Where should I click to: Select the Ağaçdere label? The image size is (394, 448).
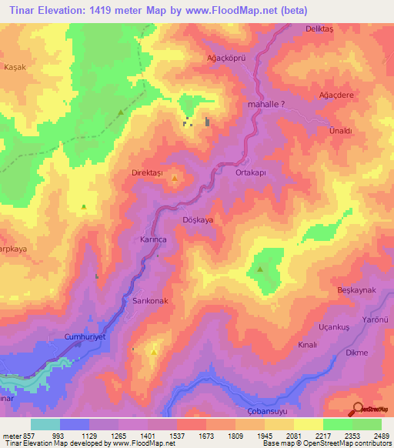coord(336,95)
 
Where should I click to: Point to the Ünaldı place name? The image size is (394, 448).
coord(340,131)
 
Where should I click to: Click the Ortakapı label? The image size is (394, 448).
coord(250,173)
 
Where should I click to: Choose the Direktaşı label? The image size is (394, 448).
coord(149,175)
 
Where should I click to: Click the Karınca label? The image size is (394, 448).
coord(154,239)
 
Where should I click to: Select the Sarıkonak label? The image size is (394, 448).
coord(150,302)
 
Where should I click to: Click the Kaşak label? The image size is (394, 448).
coord(15,67)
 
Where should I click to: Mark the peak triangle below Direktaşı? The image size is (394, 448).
coord(175,181)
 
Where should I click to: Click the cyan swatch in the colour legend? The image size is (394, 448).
coord(45,424)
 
